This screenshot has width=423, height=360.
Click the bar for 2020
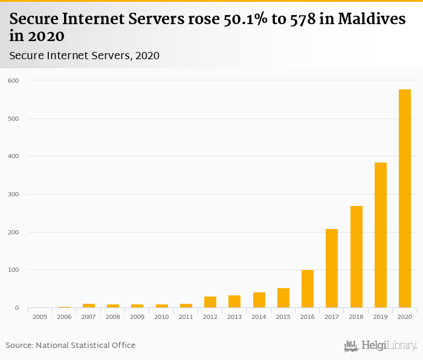tap(404, 199)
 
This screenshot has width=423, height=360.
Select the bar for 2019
tap(380, 235)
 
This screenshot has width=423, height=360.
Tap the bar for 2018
tap(356, 257)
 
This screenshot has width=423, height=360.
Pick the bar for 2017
tap(332, 268)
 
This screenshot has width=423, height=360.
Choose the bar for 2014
tap(259, 300)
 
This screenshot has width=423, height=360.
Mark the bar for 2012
tap(210, 302)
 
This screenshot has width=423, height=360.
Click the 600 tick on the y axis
tap(13, 80)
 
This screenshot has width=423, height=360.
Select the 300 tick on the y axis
tap(13, 194)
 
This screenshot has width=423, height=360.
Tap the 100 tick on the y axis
tap(13, 270)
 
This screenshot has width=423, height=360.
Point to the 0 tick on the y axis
tap(17, 308)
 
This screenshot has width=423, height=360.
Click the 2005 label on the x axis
tap(40, 317)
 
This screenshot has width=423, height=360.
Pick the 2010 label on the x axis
tap(161, 317)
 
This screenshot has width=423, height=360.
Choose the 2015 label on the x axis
tap(283, 317)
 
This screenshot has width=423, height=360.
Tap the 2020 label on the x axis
tap(404, 317)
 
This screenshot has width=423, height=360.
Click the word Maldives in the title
tap(372, 19)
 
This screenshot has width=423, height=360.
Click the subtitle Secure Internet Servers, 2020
tap(84, 56)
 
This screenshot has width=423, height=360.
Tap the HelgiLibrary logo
tap(381, 346)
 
